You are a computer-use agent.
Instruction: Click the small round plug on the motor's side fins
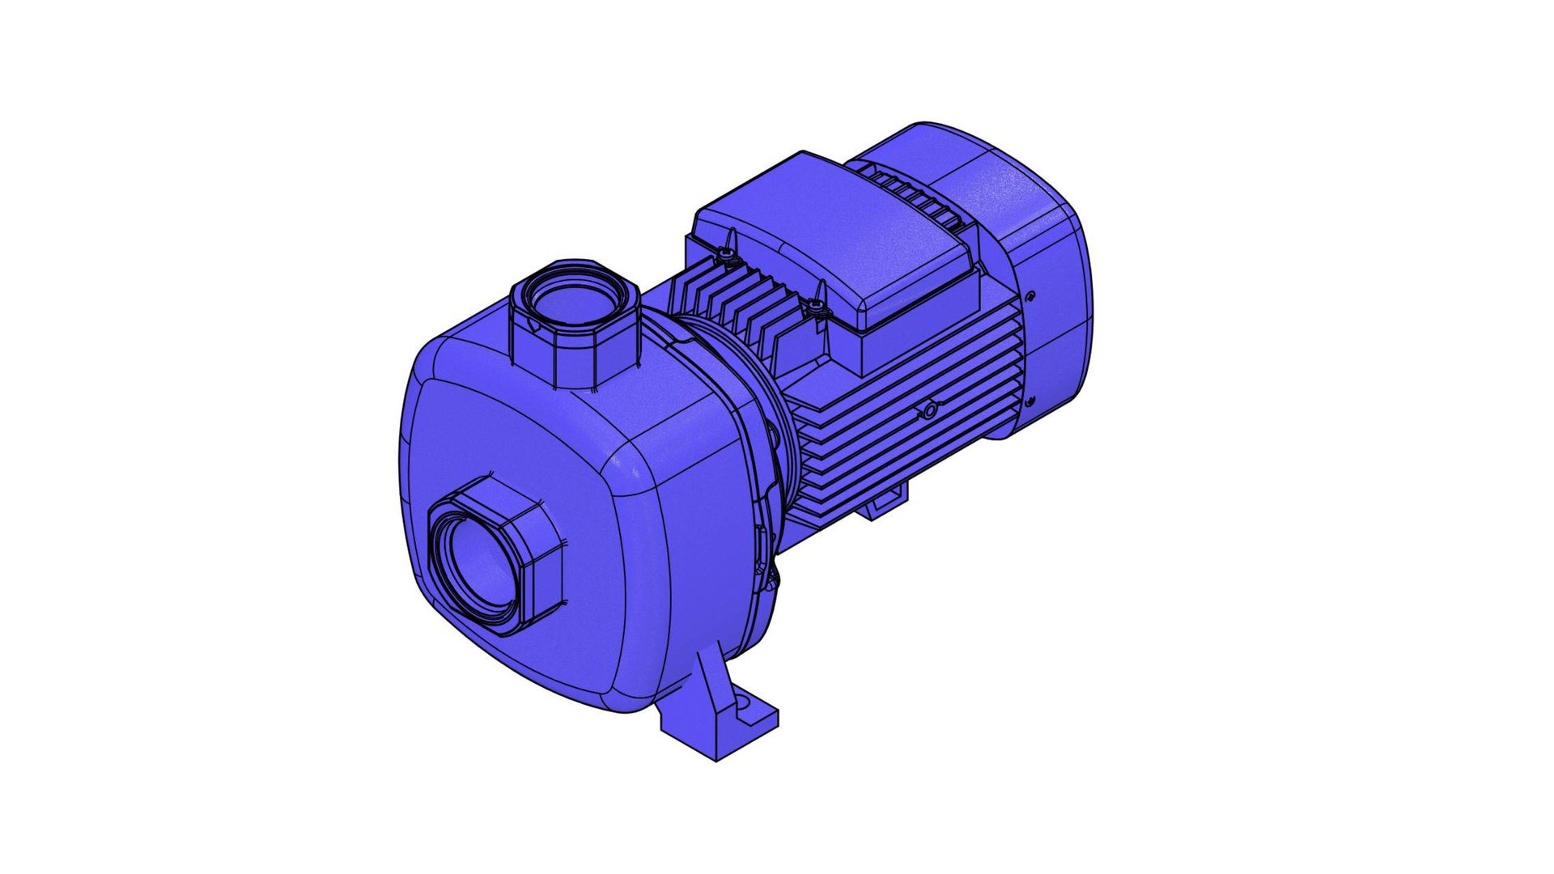point(931,412)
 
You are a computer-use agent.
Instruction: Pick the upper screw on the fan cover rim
point(1031,297)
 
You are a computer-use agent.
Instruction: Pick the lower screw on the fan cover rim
point(1030,401)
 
